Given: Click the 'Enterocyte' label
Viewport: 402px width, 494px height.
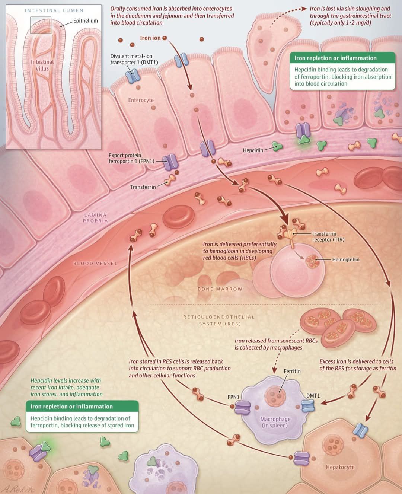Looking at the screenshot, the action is click(141, 100).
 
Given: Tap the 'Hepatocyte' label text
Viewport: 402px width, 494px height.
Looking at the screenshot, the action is click(340, 467).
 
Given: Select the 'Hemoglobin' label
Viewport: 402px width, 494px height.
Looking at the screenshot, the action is click(346, 259).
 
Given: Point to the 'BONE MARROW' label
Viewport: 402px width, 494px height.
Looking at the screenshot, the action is click(220, 289).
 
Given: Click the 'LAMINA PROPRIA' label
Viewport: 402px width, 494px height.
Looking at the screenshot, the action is click(95, 218).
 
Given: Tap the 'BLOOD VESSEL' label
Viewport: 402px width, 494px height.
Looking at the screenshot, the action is click(95, 264).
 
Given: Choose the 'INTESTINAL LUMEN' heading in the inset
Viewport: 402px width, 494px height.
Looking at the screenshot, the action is click(54, 10).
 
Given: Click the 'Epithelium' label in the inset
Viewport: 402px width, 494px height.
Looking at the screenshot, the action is click(86, 20).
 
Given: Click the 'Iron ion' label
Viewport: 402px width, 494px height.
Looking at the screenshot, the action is click(150, 38).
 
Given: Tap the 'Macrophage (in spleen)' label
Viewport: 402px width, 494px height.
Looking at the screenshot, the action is click(275, 422).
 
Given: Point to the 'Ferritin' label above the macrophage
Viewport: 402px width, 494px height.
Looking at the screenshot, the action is click(292, 371).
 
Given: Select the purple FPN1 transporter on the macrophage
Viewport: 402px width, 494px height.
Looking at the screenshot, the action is click(243, 408).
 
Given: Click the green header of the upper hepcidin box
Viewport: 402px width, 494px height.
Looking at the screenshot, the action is click(342, 58).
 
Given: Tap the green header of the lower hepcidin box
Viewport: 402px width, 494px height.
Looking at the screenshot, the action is click(82, 406).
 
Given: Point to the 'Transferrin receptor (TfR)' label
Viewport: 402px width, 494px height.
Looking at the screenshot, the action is click(328, 236).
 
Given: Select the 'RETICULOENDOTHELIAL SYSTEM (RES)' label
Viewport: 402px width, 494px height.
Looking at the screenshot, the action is click(219, 320).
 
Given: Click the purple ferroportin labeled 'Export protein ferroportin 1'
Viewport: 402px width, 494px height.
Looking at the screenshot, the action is click(170, 162).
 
